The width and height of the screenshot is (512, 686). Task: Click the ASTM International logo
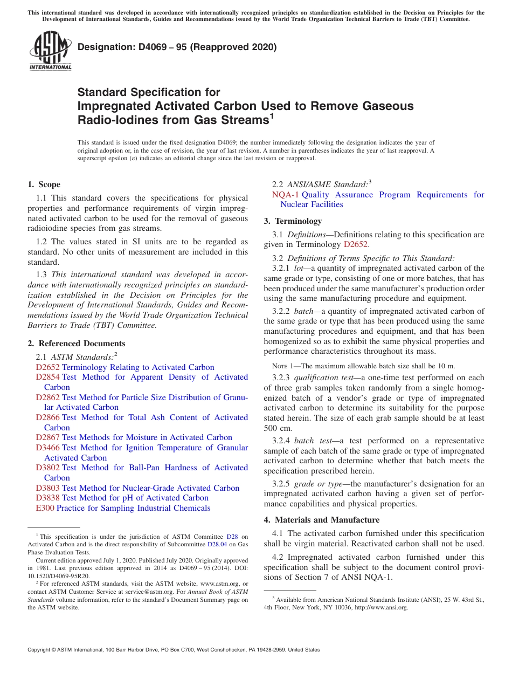coord(50,51)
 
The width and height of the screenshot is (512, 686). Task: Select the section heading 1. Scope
coord(44,184)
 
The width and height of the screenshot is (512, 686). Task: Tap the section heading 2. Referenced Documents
coord(77,344)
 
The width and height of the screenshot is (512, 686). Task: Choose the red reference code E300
coord(45,508)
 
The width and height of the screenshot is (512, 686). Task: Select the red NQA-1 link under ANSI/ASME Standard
coord(285,195)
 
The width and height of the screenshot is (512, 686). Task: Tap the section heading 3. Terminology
coord(293,221)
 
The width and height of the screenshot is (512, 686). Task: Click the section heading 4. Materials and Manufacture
coord(322,520)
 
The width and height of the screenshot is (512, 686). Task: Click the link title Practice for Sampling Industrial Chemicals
coord(133,508)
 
